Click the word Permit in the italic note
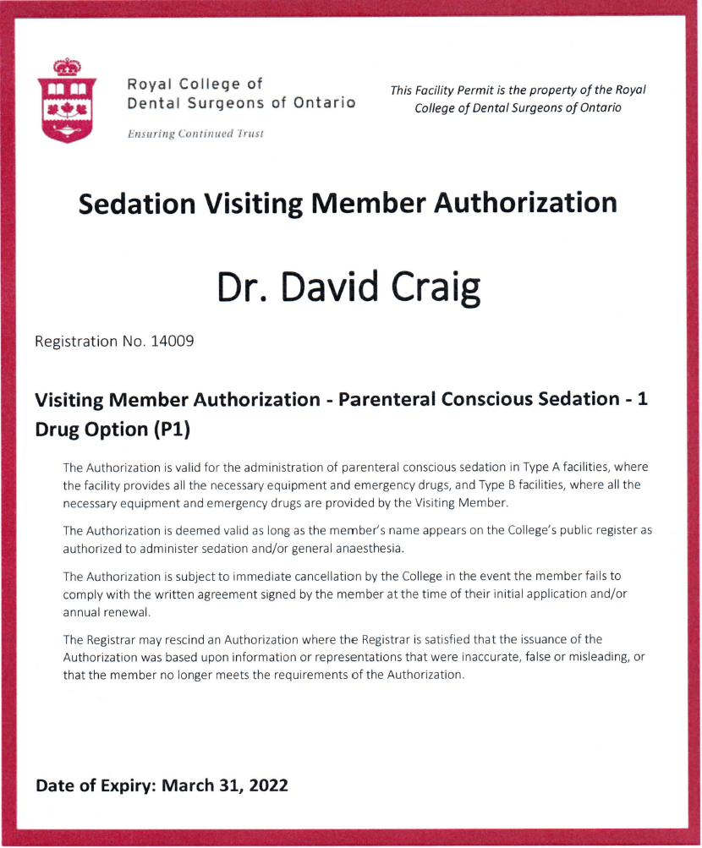point(474,90)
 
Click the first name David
point(331,288)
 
